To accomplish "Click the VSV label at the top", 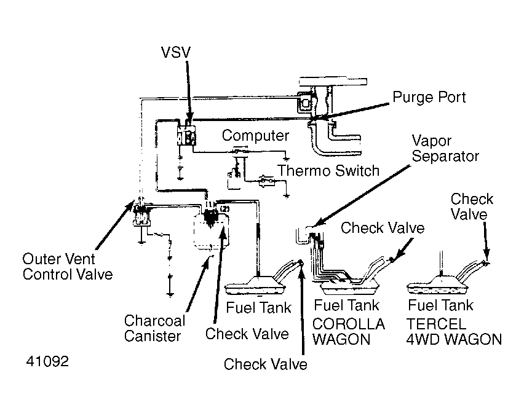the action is click(176, 52).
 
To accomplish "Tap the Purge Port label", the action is click(429, 97).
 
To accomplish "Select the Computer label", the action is click(255, 136).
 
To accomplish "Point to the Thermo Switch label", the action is click(328, 171).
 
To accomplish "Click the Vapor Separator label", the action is click(445, 149).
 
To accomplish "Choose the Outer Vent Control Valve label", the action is click(68, 267).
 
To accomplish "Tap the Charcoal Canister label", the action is click(154, 328).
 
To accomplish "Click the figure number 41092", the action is click(47, 361).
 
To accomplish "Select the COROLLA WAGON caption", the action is click(349, 332).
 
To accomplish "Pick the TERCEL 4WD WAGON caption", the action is click(454, 332).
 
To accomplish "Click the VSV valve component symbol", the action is click(186, 136).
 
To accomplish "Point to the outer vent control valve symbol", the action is click(141, 215).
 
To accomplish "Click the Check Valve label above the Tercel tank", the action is click(472, 206).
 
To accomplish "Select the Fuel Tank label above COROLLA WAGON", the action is click(346, 305).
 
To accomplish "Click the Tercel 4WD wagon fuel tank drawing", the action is click(437, 285).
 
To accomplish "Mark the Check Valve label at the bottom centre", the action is click(265, 364).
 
